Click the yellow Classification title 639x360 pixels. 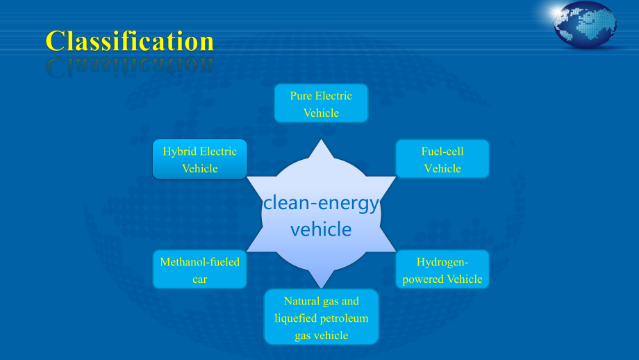[x=130, y=41]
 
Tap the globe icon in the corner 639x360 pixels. [x=585, y=24]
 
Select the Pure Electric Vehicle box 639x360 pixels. [x=321, y=103]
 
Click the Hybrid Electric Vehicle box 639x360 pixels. [x=200, y=159]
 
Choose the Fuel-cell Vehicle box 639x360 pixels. [x=442, y=159]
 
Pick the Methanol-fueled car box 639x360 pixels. [x=200, y=270]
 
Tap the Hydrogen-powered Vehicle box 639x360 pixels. [x=442, y=270]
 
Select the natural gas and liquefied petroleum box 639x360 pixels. [x=321, y=317]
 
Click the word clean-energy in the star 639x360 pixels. [x=321, y=204]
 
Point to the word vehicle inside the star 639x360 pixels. [x=321, y=229]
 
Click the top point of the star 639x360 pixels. [x=321, y=140]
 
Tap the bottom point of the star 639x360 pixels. [x=321, y=288]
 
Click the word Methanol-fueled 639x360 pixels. [x=200, y=262]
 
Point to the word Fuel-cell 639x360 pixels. [x=442, y=152]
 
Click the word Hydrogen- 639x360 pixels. [x=442, y=262]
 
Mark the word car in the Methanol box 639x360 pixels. [x=200, y=279]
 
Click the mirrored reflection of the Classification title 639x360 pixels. [x=130, y=67]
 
